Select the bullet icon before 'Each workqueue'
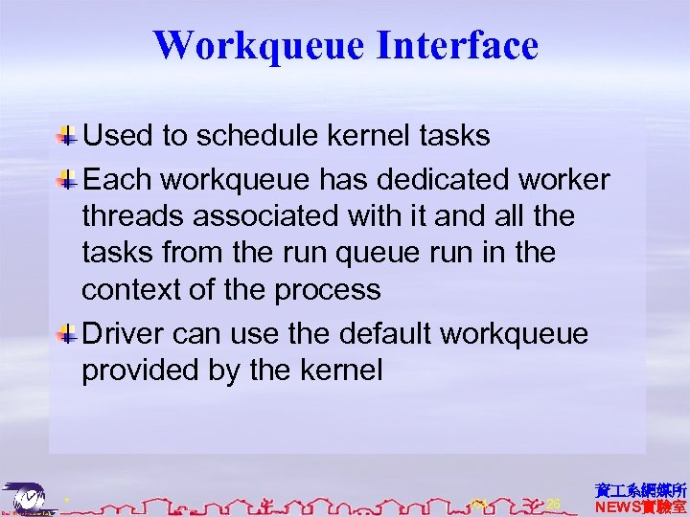point(69,179)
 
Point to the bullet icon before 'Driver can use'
point(69,332)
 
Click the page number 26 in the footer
point(553,504)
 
